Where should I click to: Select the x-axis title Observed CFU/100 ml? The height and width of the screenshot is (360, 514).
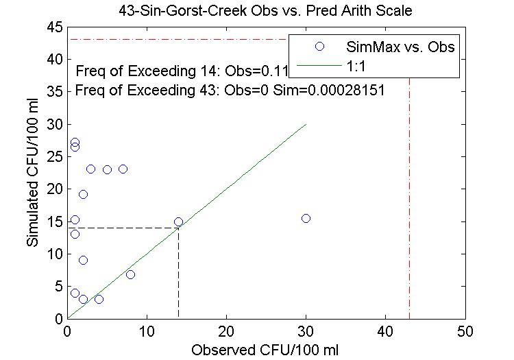(266, 348)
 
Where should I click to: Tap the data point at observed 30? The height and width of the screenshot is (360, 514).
(306, 218)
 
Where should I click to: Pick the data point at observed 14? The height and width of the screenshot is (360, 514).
(178, 221)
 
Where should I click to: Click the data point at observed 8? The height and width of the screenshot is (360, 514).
(130, 274)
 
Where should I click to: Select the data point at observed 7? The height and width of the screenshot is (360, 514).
(123, 169)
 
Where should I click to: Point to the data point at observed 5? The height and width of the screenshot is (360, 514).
(107, 169)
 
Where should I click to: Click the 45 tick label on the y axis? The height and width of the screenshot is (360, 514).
(54, 27)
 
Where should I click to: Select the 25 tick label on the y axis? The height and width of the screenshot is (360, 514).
(54, 156)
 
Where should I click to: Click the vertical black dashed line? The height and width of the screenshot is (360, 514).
(178, 274)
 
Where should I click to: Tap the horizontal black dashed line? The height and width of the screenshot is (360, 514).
(123, 228)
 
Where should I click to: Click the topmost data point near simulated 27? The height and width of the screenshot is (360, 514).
(75, 143)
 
